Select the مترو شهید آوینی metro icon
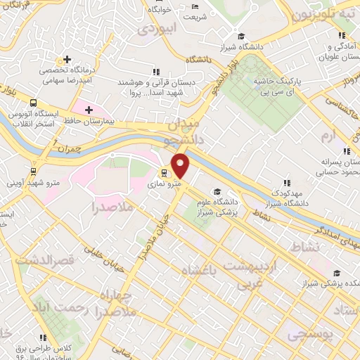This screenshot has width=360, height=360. pos(34,170)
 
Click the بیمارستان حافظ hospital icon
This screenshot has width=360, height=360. pos(89,110)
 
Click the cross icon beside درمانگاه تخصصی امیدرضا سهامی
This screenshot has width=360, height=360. pos(67,60)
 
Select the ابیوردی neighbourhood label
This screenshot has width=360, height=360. pos(155,29)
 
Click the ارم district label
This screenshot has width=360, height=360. pos(328,134)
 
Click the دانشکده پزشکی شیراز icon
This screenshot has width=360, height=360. pos(337,273)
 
